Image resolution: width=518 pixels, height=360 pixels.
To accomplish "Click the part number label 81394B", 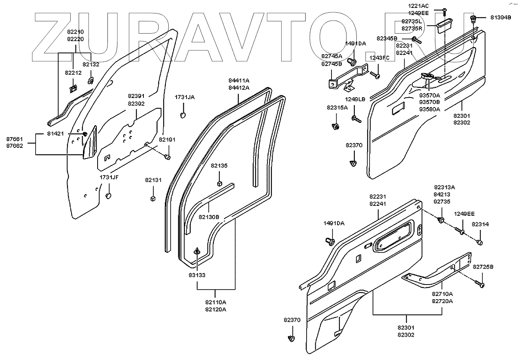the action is pos(501,17).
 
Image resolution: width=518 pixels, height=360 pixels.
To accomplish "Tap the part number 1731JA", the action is pos(185,97).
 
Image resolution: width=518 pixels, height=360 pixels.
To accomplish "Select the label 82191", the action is pos(167,139).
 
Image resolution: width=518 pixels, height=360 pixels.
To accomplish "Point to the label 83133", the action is pos(197,275).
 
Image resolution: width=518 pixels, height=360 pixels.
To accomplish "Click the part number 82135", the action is pos(219,166).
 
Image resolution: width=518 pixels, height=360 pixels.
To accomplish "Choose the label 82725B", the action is pos(483,267).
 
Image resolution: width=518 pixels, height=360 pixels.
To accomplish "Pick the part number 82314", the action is pos(480,224).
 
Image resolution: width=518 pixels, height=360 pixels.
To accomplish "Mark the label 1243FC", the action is pos(379,58).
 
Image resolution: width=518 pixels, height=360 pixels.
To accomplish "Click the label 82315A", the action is pos(337,107).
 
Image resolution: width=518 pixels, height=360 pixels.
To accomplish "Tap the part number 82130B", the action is pos(209,217).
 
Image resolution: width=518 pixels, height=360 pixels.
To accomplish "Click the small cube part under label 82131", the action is pos(153,198).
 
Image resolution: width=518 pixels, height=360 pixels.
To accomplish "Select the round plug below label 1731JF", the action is pos(108,196).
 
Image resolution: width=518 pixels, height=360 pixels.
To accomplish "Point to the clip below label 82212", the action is pos(73,89).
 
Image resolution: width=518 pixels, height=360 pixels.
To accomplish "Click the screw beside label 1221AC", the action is pos(445,11).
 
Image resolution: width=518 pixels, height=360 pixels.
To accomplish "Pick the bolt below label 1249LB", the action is pos(356,119).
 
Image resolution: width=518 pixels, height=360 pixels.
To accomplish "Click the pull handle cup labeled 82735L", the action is pos(444,26).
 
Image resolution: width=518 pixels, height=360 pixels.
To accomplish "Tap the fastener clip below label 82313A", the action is pos(441,220).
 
